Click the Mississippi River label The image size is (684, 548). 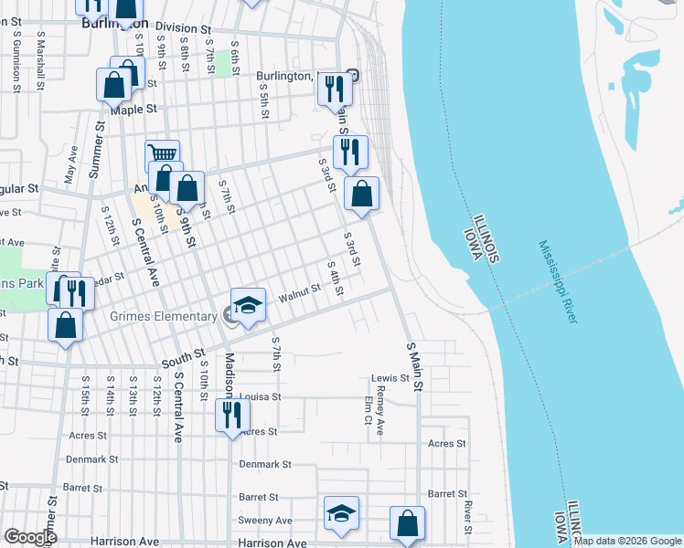tap(558, 281)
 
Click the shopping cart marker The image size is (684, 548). tap(162, 155)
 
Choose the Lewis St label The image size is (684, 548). tap(389, 378)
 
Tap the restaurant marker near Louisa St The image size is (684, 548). tap(231, 416)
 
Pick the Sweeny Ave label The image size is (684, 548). tap(266, 521)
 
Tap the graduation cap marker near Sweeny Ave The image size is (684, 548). tap(341, 515)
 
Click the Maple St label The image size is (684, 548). tap(134, 109)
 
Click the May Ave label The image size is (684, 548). tap(70, 165)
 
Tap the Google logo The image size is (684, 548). tap(30, 537)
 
